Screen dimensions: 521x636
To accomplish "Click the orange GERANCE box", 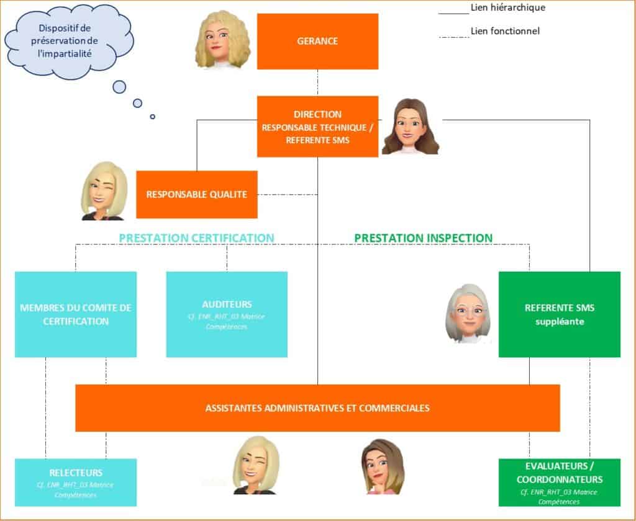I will pyautogui.click(x=317, y=41).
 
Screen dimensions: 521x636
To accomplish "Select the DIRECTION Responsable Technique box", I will pyautogui.click(x=317, y=127).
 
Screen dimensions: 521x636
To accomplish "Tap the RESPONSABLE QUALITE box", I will pyautogui.click(x=196, y=194).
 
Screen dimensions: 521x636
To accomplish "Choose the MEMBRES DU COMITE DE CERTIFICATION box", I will pyautogui.click(x=76, y=314).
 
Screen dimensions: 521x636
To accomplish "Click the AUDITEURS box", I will pyautogui.click(x=227, y=314).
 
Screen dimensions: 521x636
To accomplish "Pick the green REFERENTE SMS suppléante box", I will pyautogui.click(x=559, y=314).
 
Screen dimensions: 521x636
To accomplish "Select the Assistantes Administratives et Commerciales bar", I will pyautogui.click(x=317, y=408).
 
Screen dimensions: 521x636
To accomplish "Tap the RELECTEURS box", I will pyautogui.click(x=76, y=481).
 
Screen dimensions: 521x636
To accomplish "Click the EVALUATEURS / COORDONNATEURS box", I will pyautogui.click(x=559, y=482).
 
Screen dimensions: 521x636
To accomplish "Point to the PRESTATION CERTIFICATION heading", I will pyautogui.click(x=196, y=238).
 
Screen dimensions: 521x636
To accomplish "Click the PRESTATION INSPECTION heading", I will pyautogui.click(x=423, y=238).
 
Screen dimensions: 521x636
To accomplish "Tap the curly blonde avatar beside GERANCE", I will pyautogui.click(x=221, y=41).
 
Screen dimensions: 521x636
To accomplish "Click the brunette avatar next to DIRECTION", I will pyautogui.click(x=409, y=127).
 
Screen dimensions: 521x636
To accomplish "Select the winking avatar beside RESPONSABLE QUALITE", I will pyautogui.click(x=104, y=191).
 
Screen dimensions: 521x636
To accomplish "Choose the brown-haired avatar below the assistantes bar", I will pyautogui.click(x=379, y=466).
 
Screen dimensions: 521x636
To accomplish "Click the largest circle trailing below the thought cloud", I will pyautogui.click(x=119, y=87).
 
